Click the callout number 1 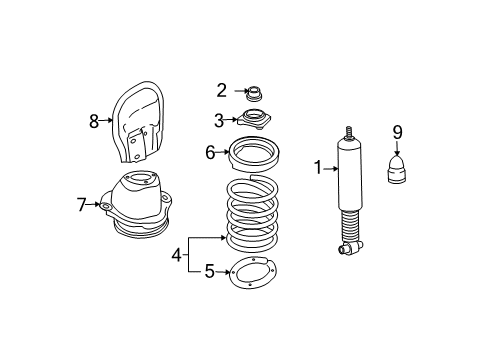[319, 169]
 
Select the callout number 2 [222, 91]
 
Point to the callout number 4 [176, 254]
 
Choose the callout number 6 [211, 152]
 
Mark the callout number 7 [82, 206]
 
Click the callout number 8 [94, 121]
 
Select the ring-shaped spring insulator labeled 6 [257, 154]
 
